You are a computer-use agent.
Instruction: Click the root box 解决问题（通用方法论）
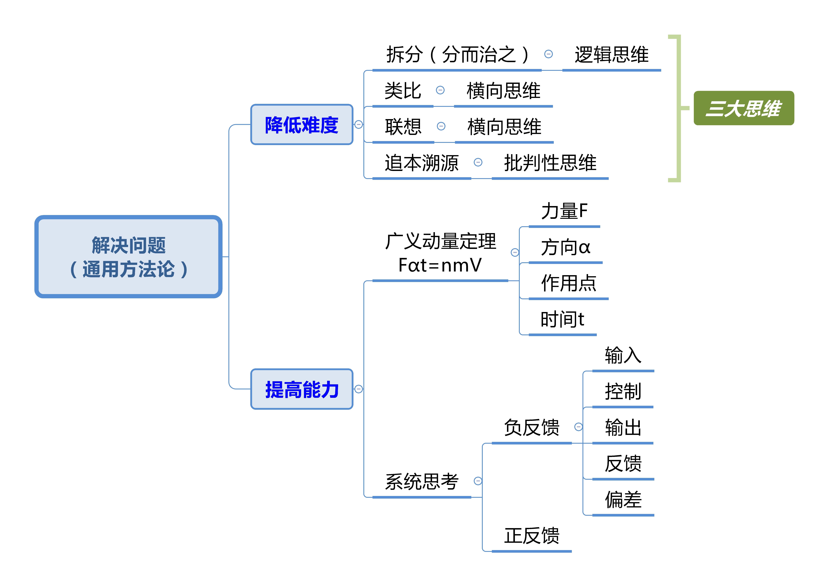pyautogui.click(x=128, y=257)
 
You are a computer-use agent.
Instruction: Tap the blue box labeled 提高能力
pyautogui.click(x=301, y=389)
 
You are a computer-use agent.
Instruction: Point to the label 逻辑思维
pyautogui.click(x=611, y=55)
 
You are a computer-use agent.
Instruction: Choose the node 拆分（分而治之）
pyautogui.click(x=457, y=55)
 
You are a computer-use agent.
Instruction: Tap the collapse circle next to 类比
pyautogui.click(x=440, y=90)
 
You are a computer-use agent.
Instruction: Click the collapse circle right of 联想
pyautogui.click(x=441, y=126)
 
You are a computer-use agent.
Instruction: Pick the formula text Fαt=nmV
pyautogui.click(x=440, y=265)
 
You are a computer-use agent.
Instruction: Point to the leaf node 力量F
pyautogui.click(x=564, y=211)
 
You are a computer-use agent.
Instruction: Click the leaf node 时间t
pyautogui.click(x=562, y=320)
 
